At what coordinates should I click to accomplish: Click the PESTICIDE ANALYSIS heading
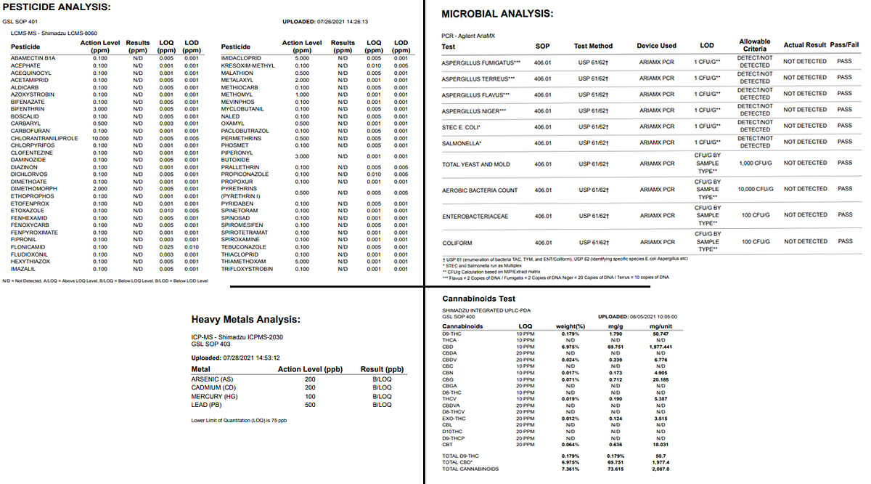click(57, 7)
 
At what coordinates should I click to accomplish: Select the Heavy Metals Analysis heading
click(245, 320)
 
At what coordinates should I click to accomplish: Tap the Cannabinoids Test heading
click(478, 299)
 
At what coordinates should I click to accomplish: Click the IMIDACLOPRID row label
click(241, 58)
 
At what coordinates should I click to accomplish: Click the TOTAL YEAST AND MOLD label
click(475, 165)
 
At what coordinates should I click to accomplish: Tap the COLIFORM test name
click(457, 242)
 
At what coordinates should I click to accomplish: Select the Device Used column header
click(657, 46)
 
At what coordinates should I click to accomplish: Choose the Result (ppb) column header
click(382, 370)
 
